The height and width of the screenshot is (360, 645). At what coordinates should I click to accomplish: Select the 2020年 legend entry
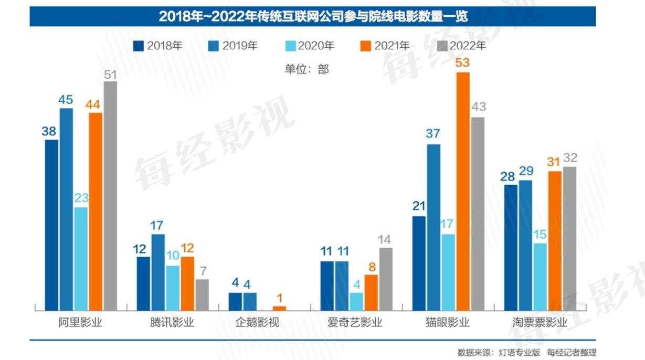click(310, 46)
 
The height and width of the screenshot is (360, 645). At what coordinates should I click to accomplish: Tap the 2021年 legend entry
click(385, 46)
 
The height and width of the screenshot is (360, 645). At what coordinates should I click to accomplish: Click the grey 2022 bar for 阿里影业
click(110, 195)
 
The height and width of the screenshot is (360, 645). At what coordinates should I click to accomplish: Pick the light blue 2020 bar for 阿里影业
click(81, 258)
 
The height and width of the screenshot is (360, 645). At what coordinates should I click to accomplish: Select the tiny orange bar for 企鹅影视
click(280, 308)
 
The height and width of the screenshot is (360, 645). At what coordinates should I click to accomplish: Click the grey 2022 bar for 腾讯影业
click(202, 294)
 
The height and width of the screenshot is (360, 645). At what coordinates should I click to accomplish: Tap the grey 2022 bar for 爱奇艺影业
click(386, 279)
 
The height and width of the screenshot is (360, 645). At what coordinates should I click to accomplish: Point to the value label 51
click(110, 74)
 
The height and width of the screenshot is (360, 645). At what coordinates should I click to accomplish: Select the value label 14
click(386, 240)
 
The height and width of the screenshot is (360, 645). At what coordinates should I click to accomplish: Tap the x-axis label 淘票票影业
click(540, 322)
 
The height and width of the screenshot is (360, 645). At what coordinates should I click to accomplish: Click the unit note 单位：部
click(307, 69)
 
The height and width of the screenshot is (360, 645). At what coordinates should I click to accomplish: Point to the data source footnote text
click(527, 352)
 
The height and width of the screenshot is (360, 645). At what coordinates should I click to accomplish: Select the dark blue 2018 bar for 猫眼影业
click(419, 263)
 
